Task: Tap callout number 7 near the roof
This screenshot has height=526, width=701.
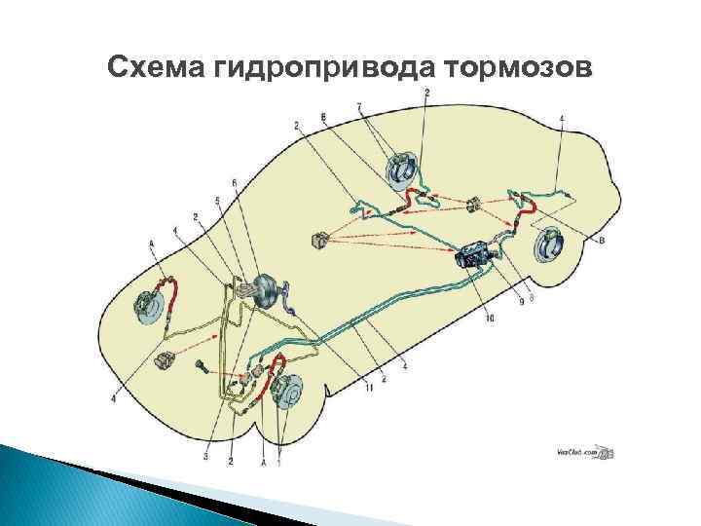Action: click(x=359, y=105)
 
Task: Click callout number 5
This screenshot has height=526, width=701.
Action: click(x=217, y=201)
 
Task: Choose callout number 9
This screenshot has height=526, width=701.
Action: click(x=521, y=303)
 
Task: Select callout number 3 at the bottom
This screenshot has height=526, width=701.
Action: click(x=206, y=455)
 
